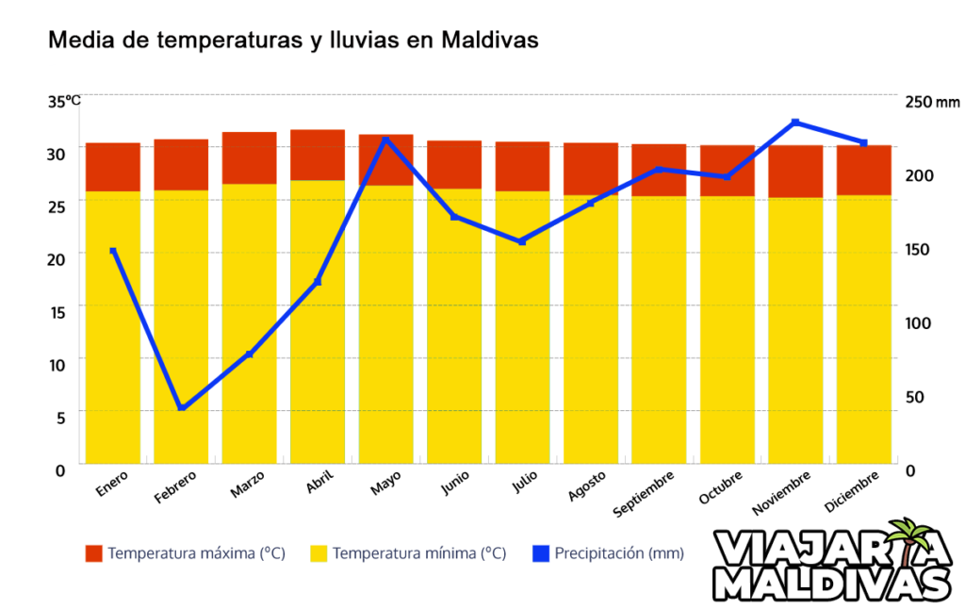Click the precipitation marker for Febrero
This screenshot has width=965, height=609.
(182, 407)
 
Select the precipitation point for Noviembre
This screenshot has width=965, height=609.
(795, 123)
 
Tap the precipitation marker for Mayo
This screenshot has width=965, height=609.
(385, 140)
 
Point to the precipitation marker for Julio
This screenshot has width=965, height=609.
(522, 241)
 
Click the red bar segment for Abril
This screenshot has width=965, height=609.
(318, 155)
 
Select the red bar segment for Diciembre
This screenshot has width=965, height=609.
(863, 170)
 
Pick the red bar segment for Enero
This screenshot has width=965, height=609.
(113, 167)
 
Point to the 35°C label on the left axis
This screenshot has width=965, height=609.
(64, 101)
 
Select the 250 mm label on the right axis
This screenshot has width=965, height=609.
(931, 102)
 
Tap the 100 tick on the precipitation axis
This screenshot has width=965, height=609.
(918, 323)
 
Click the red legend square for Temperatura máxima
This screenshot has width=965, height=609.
(93, 553)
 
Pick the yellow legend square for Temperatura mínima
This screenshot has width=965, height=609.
(319, 553)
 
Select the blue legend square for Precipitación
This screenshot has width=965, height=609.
(540, 553)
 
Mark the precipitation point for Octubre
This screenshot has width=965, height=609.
(727, 177)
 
